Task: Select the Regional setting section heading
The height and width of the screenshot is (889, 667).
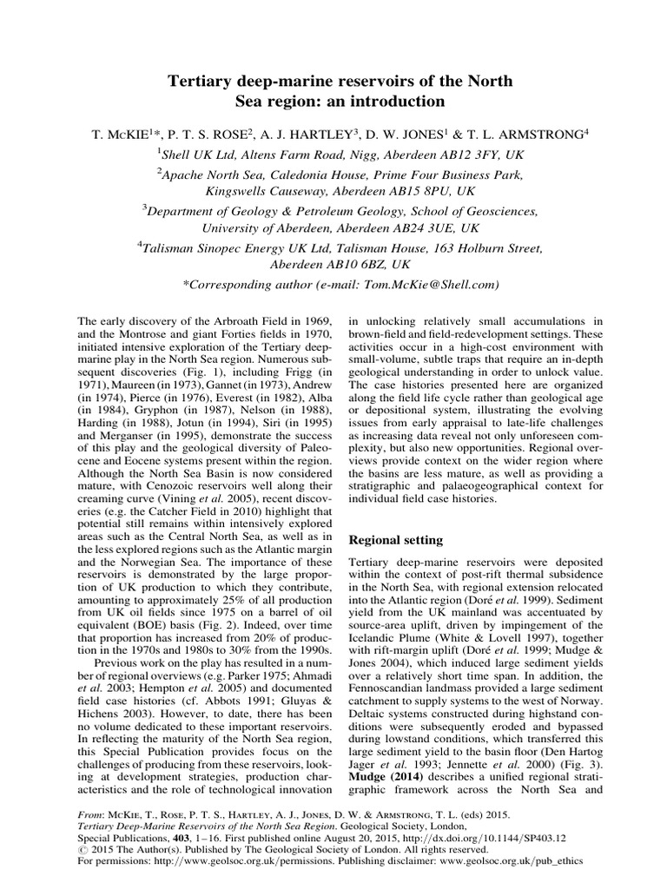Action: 396,539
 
